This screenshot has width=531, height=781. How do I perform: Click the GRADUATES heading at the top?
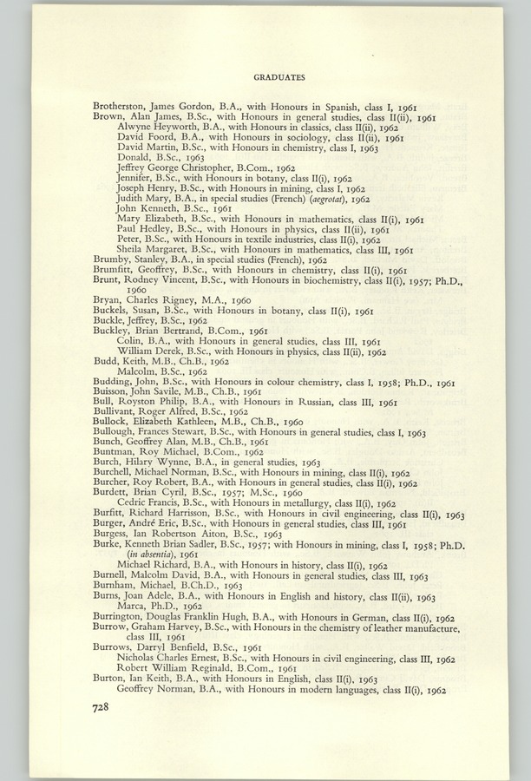280,77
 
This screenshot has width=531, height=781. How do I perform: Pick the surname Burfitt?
114,514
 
